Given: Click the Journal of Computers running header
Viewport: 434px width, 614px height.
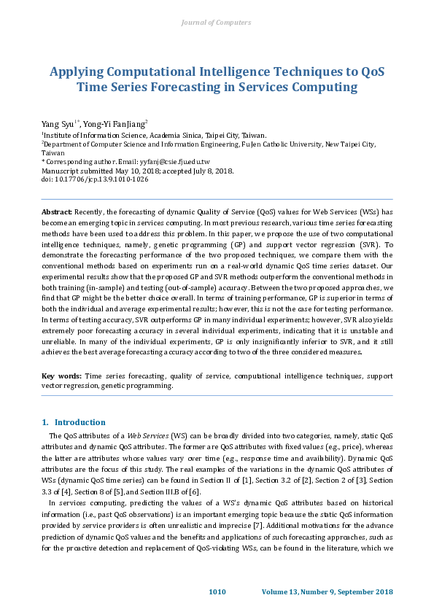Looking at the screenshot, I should click(217, 23).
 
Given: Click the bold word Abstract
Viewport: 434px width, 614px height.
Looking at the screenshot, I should click(57, 211).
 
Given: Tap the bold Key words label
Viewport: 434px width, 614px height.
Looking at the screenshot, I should click(61, 376).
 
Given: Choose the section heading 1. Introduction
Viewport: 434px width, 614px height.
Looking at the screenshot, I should click(74, 422).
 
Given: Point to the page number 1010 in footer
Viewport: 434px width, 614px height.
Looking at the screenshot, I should click(217, 591).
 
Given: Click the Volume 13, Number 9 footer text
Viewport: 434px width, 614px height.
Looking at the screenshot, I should click(328, 591).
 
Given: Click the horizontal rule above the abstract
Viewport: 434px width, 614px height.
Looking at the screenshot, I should click(217, 199).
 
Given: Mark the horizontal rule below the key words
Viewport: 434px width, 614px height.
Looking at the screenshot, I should click(217, 396).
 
